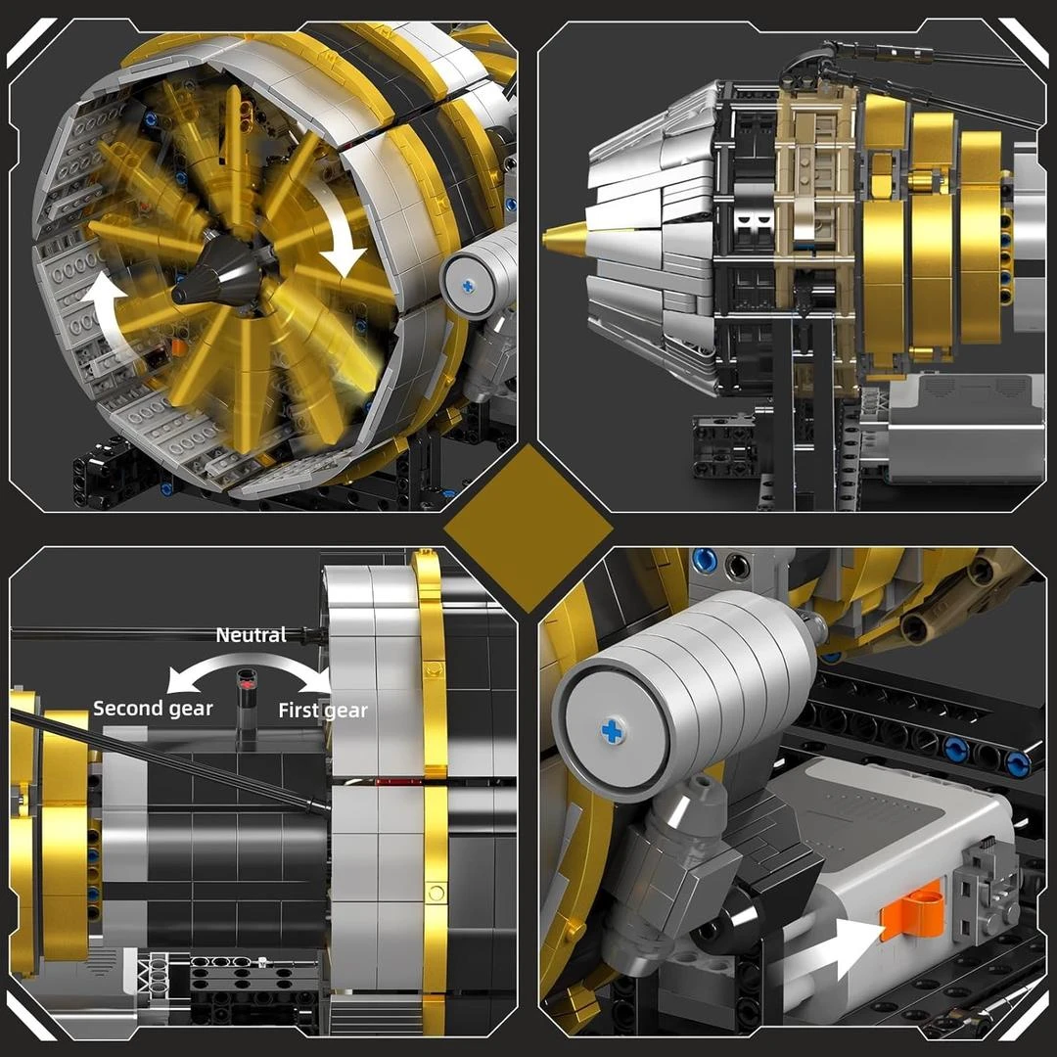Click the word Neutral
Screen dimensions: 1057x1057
(x=251, y=635)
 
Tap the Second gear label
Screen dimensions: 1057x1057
(x=153, y=709)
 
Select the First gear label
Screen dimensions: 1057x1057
(x=323, y=711)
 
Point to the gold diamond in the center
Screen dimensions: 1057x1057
(x=528, y=528)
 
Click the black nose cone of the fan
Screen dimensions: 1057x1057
(x=215, y=273)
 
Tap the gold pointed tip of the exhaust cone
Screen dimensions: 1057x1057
(x=565, y=237)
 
